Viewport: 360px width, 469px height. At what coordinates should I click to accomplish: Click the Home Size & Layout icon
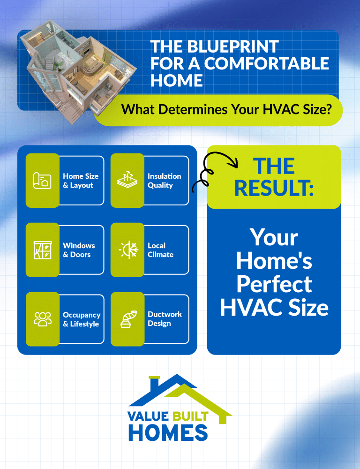[x=42, y=181]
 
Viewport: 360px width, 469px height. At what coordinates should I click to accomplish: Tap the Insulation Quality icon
[x=127, y=181]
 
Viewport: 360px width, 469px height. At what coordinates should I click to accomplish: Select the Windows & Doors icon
[x=42, y=250]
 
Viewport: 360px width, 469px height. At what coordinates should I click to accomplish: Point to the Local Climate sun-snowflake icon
[x=127, y=250]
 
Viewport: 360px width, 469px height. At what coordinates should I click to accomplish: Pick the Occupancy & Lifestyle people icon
[x=42, y=319]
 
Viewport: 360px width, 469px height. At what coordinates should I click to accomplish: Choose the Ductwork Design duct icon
[x=127, y=319]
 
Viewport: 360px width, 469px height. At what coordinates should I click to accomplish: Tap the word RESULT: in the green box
[x=274, y=188]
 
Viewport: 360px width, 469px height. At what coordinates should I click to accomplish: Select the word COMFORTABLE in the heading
[x=266, y=63]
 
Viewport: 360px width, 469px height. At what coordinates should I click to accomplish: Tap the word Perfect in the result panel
[x=274, y=284]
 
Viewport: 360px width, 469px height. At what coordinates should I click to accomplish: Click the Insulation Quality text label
[x=164, y=181]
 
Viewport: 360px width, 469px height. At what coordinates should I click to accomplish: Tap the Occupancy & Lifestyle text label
[x=82, y=319]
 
